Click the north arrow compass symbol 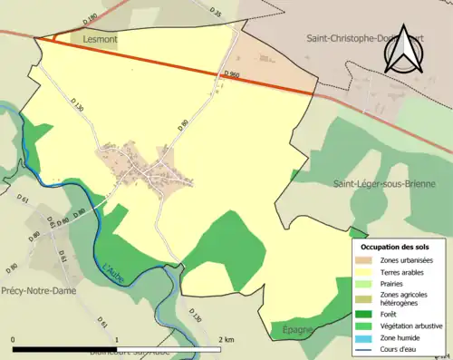pos(402,50)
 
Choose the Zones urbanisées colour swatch pos(370,260)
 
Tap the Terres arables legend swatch pos(370,271)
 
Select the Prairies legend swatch pos(370,283)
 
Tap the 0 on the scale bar pos(13,339)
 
